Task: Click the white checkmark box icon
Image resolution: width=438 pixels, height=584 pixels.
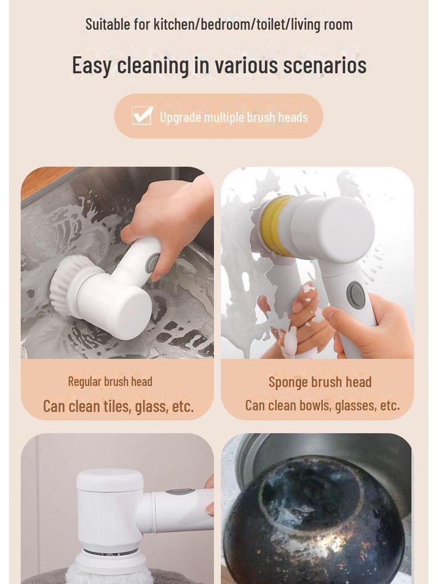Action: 142,116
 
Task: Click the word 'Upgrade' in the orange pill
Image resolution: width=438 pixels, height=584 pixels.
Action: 180,117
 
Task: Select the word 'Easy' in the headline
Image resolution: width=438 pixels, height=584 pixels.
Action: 92,66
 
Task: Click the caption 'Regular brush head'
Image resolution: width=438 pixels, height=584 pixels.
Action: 110,382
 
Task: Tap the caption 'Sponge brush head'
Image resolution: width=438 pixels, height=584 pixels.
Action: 320,382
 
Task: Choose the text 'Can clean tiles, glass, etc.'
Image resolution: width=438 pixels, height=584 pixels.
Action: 118,406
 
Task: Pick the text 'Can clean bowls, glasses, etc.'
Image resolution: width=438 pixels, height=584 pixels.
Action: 322,405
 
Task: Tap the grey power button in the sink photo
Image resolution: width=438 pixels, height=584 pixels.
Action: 152,263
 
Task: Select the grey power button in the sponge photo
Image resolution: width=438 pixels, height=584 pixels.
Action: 356,295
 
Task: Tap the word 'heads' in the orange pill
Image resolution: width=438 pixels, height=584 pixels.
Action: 293,117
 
